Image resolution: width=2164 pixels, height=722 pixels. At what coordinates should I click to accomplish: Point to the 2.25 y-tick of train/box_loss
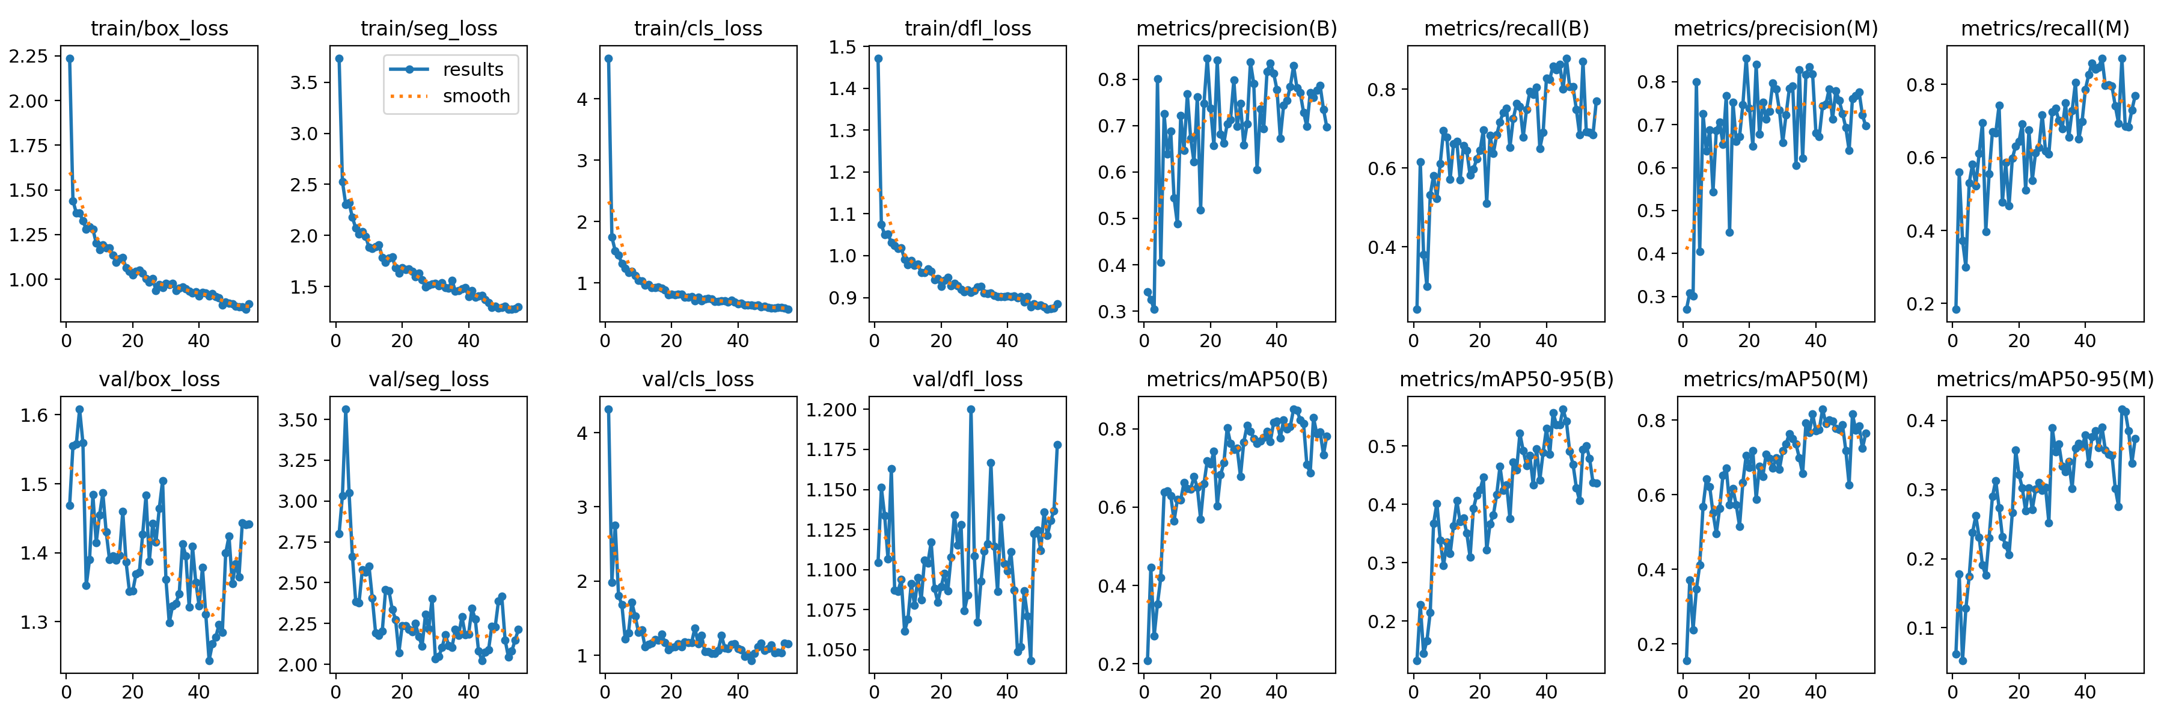pyautogui.click(x=29, y=57)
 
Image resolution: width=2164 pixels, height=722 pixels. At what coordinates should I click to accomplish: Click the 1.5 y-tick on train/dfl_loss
pyautogui.click(x=843, y=47)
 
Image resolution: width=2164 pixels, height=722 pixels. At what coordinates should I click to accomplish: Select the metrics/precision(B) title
pyautogui.click(x=1236, y=28)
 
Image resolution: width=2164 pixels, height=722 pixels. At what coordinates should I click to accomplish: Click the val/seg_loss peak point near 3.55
pyautogui.click(x=345, y=409)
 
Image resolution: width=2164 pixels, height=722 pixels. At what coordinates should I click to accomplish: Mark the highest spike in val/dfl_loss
pyautogui.click(x=971, y=409)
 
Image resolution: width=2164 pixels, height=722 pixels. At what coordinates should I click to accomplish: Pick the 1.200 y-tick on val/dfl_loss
pyautogui.click(x=832, y=409)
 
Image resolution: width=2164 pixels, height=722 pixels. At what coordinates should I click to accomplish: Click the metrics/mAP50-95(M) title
pyautogui.click(x=2045, y=380)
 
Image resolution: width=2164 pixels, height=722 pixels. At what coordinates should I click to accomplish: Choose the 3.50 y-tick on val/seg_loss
pyautogui.click(x=298, y=420)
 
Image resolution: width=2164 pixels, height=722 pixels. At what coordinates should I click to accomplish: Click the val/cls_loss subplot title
pyautogui.click(x=697, y=380)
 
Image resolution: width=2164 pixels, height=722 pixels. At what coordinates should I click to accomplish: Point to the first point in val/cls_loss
pyautogui.click(x=608, y=409)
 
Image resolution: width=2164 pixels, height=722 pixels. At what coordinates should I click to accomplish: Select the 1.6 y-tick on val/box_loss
pyautogui.click(x=36, y=415)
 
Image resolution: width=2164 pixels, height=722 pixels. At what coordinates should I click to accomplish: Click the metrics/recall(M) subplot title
pyautogui.click(x=2045, y=28)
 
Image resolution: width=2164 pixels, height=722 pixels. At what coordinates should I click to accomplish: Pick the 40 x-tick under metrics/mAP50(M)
pyautogui.click(x=1815, y=693)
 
